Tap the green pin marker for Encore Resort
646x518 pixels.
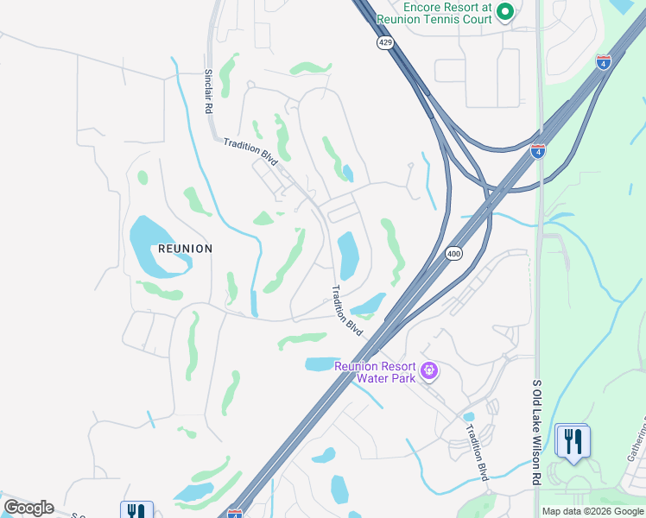(x=505, y=12)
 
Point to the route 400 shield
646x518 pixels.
(x=453, y=253)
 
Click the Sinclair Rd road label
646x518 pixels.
(x=208, y=92)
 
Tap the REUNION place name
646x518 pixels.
(x=185, y=249)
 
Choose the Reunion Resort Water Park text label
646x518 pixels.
(x=375, y=372)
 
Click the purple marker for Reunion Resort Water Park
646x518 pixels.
(x=429, y=372)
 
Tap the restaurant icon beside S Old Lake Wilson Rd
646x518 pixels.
(x=573, y=440)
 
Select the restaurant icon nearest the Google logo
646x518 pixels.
(x=136, y=511)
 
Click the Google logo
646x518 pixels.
(x=28, y=508)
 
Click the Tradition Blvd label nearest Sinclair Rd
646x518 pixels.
(x=250, y=150)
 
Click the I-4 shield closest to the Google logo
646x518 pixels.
(x=235, y=513)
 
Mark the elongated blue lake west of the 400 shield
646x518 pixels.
(x=348, y=256)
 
